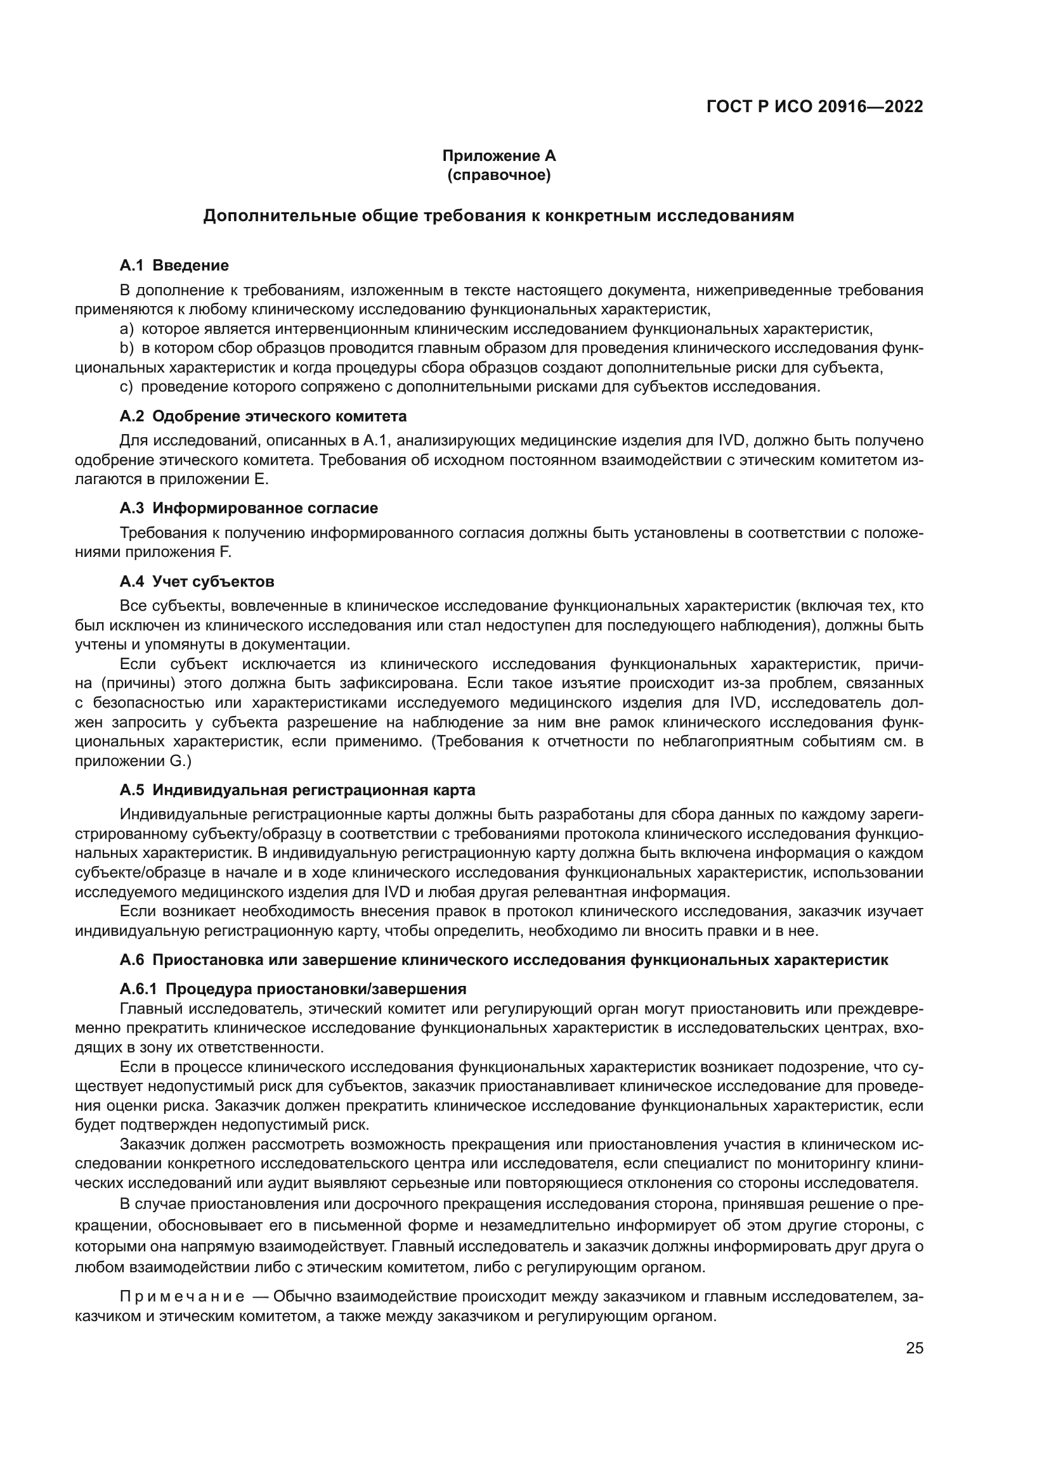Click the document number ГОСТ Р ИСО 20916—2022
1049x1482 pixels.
(x=814, y=107)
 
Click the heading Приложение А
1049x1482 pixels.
(x=498, y=156)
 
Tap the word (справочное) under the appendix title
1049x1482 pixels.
(x=498, y=175)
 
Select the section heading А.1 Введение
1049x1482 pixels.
(x=174, y=265)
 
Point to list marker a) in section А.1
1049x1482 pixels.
(x=127, y=329)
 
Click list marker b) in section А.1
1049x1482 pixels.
(x=127, y=348)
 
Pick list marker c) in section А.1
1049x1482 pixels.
(x=127, y=386)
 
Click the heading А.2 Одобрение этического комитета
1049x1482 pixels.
(x=263, y=416)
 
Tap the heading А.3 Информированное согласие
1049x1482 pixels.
(x=249, y=508)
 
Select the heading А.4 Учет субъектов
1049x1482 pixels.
(x=197, y=582)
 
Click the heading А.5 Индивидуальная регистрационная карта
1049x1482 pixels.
(x=297, y=790)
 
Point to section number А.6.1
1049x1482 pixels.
(x=138, y=989)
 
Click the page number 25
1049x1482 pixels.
(x=915, y=1348)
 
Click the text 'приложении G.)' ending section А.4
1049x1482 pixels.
(x=134, y=761)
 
